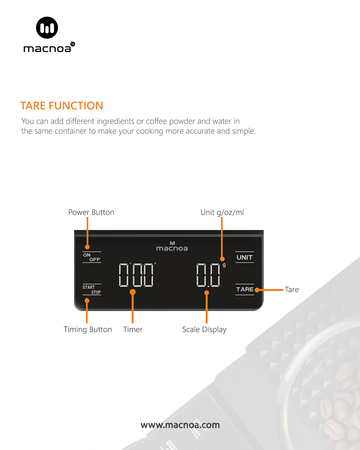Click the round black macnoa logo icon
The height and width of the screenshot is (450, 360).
click(47, 28)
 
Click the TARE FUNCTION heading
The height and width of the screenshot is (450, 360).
click(62, 106)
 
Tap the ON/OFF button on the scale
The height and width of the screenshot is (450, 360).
click(92, 257)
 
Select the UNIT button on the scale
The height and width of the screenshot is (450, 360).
click(245, 257)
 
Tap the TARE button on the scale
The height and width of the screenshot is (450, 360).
click(245, 289)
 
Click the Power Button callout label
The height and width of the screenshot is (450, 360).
click(91, 212)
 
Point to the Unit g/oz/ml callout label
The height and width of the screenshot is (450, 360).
click(222, 212)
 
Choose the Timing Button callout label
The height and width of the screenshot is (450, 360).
click(88, 330)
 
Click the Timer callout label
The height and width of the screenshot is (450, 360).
click(133, 330)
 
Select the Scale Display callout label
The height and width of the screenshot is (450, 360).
click(204, 330)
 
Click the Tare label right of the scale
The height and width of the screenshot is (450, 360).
click(292, 290)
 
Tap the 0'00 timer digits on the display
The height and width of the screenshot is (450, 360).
click(136, 275)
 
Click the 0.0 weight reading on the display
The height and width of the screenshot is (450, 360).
click(208, 275)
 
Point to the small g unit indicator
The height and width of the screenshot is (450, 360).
click(224, 265)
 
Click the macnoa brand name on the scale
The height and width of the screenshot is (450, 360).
click(172, 248)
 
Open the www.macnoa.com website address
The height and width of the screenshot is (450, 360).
click(180, 425)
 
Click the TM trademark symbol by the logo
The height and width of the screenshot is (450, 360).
click(73, 44)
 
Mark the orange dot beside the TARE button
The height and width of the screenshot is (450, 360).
click(257, 290)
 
